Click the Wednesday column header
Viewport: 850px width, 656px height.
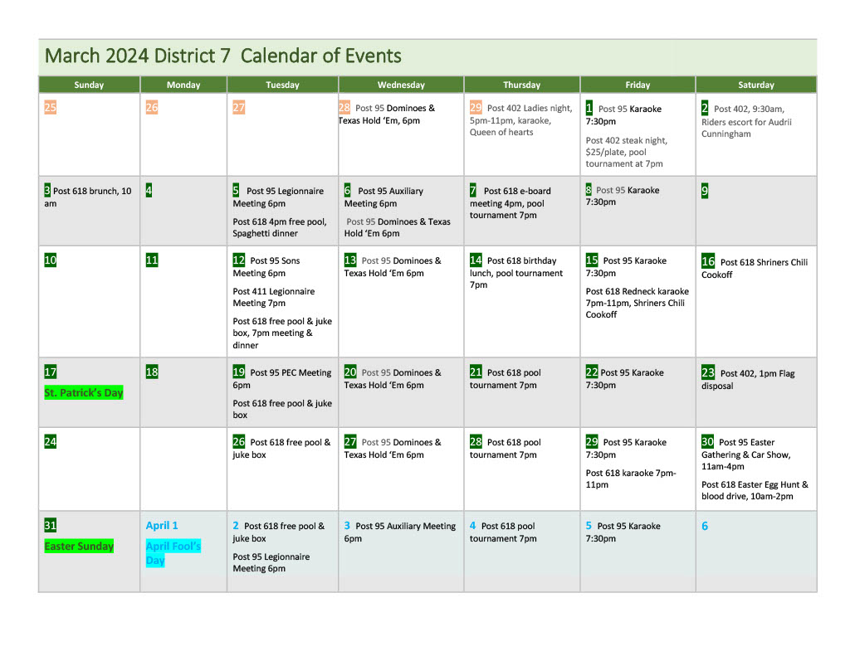pos(401,85)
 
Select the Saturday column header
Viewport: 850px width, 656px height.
pos(755,85)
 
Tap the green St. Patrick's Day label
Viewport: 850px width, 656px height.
pos(84,392)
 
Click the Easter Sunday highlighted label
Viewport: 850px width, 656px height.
pos(79,546)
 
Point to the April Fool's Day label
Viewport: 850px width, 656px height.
pos(173,552)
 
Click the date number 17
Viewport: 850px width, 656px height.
pos(51,372)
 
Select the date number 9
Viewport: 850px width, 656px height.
pos(705,191)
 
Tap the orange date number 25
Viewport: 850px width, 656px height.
pos(51,107)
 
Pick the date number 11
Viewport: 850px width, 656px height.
pos(152,260)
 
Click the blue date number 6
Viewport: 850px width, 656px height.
pos(705,526)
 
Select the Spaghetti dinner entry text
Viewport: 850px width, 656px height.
pos(265,233)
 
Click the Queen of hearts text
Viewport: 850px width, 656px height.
pos(501,132)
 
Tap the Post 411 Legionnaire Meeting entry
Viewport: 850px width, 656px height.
pos(274,297)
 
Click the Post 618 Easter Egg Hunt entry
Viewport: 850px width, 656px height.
pos(755,490)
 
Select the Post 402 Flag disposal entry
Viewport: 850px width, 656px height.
pos(747,379)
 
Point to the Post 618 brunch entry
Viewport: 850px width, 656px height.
pos(88,197)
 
